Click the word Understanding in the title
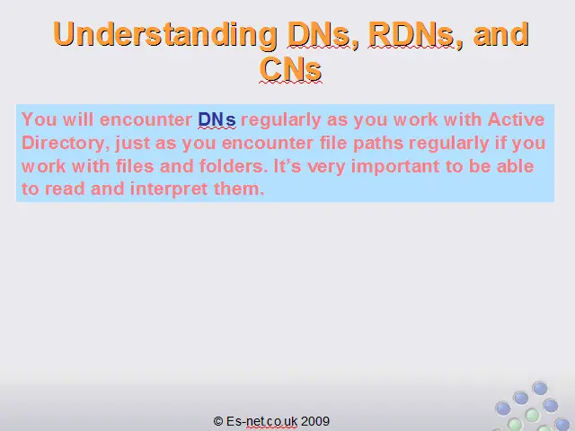tap(165, 34)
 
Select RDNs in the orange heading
tap(411, 34)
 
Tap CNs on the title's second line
tap(290, 69)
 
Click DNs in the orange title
tap(318, 34)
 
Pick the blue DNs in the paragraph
tap(217, 119)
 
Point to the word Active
tap(516, 119)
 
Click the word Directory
tap(63, 144)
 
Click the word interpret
tap(169, 189)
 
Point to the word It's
tap(287, 166)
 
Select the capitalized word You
tap(40, 119)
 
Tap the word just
tap(133, 144)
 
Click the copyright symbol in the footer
tap(218, 421)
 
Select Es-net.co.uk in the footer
tap(261, 421)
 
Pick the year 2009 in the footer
tap(315, 421)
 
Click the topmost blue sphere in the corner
tap(540, 388)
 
